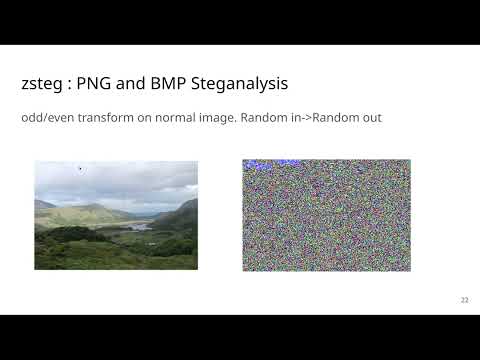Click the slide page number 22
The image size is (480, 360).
tap(464, 300)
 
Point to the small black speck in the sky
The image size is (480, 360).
tap(80, 168)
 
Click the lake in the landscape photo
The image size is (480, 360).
tap(137, 226)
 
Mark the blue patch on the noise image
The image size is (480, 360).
tap(262, 162)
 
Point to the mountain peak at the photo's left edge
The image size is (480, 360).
tap(39, 202)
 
